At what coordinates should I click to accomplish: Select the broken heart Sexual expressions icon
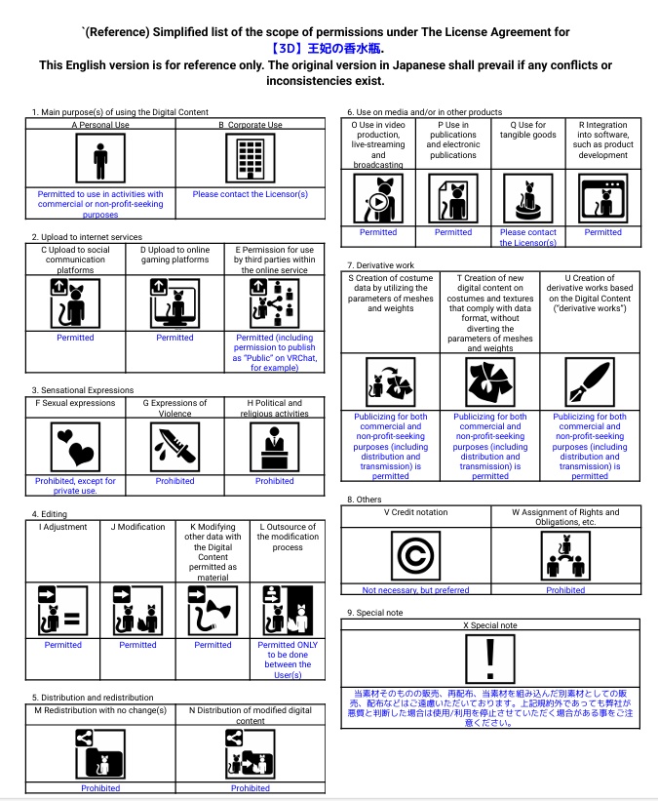(75, 447)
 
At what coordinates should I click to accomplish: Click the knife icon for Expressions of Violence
(174, 447)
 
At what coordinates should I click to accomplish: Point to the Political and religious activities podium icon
(274, 447)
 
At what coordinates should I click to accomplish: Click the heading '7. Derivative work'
(381, 265)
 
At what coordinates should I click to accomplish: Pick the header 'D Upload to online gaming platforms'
(174, 255)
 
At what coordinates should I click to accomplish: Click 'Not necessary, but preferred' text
(415, 589)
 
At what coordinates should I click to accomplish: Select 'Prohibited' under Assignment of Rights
(565, 589)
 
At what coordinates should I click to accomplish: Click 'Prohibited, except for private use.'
(75, 485)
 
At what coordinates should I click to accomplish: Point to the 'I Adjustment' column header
(63, 527)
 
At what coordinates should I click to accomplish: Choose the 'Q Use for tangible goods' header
(527, 130)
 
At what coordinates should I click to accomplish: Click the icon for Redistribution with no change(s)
(100, 752)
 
